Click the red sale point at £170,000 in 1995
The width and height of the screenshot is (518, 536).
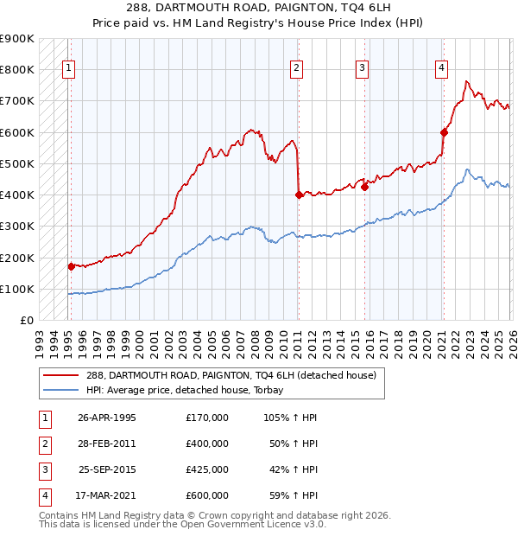tap(71, 267)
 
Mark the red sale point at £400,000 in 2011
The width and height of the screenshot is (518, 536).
tap(298, 195)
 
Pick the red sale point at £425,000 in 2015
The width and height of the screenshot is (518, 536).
tap(364, 187)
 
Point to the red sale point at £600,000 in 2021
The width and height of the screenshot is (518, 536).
tap(444, 132)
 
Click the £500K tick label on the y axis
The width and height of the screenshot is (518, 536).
tap(17, 163)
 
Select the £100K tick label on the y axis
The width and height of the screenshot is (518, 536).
tap(17, 289)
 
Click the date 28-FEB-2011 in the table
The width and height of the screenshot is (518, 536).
tap(107, 443)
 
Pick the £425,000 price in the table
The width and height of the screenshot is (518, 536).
tap(207, 470)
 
